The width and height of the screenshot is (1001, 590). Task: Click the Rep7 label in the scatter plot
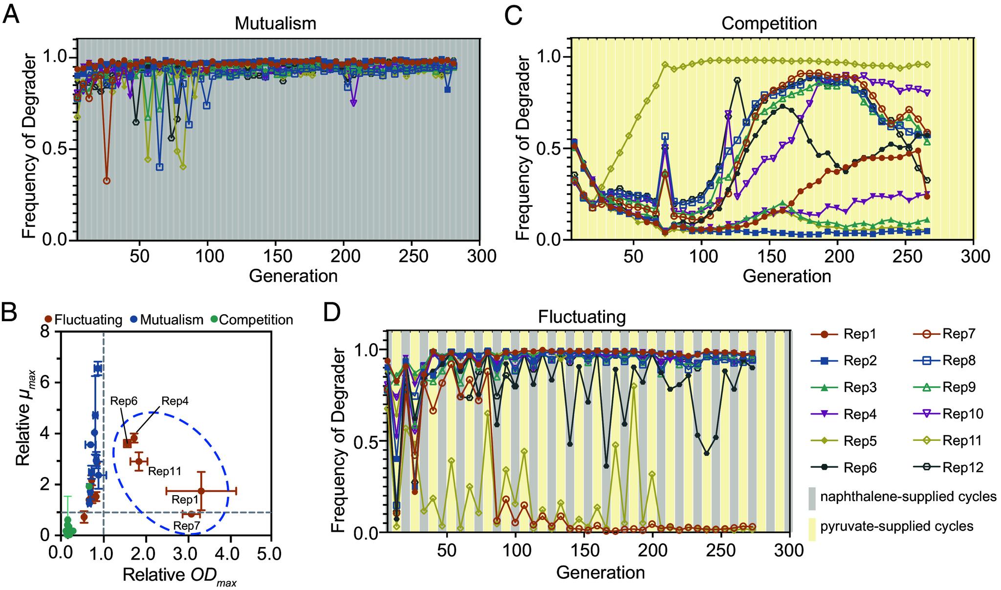[x=187, y=526]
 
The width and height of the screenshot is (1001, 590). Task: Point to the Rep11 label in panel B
[x=165, y=471]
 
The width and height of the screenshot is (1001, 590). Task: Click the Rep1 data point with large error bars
[x=201, y=490]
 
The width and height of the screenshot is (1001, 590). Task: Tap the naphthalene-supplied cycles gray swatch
[x=812, y=497]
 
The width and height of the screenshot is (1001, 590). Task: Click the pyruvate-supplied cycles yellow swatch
[x=812, y=526]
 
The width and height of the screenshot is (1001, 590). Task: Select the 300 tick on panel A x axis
[x=479, y=256]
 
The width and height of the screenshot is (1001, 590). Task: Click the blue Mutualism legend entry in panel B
[x=166, y=320]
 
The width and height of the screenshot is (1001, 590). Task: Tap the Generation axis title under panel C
[x=787, y=276]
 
